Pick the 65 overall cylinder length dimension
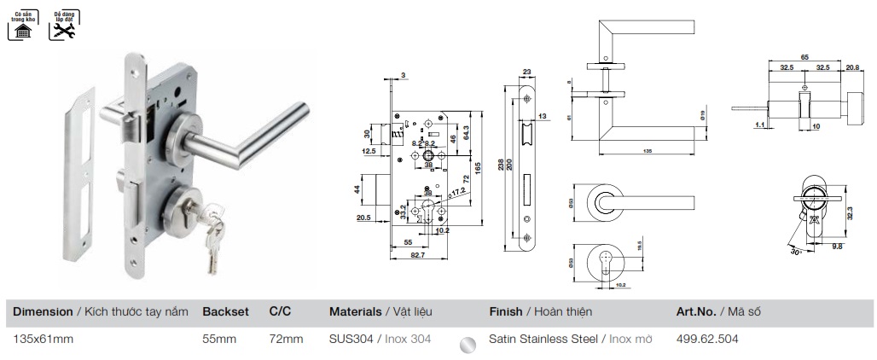click(804, 55)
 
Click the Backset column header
click(225, 312)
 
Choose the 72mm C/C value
click(286, 339)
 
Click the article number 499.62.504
click(706, 339)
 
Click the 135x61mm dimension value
click(44, 339)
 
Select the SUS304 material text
click(351, 339)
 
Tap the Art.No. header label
click(696, 312)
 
